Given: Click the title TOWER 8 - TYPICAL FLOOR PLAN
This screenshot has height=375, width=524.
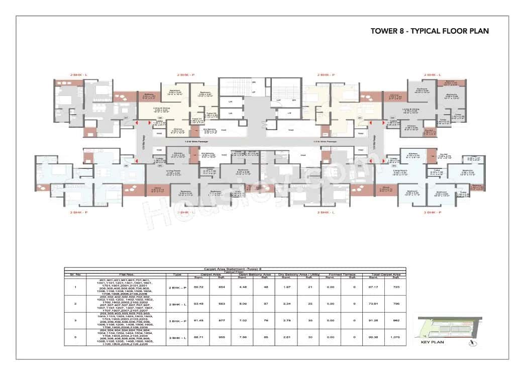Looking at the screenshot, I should [x=430, y=31].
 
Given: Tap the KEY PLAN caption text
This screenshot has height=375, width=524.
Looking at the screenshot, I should [x=431, y=342].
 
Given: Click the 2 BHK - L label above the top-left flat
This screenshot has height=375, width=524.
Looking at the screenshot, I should [x=77, y=75].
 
